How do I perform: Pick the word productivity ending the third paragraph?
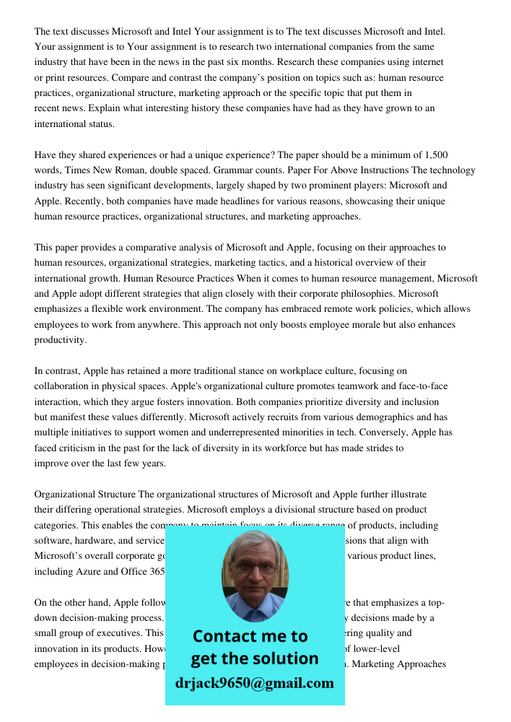[61, 340]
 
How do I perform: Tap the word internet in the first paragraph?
[427, 62]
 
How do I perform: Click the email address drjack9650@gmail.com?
[254, 683]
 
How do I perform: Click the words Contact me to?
[250, 636]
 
